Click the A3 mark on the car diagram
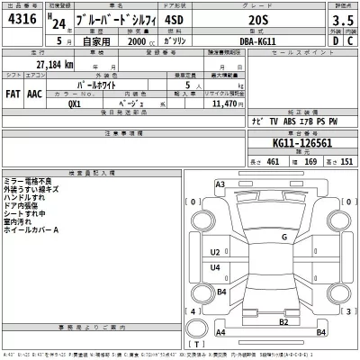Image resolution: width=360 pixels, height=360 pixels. [220, 184]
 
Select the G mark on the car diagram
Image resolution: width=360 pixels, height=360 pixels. [283, 237]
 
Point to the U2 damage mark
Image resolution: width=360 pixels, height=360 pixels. [214, 252]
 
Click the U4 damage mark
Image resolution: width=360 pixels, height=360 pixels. [214, 268]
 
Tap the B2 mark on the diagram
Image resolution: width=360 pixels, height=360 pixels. [283, 321]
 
